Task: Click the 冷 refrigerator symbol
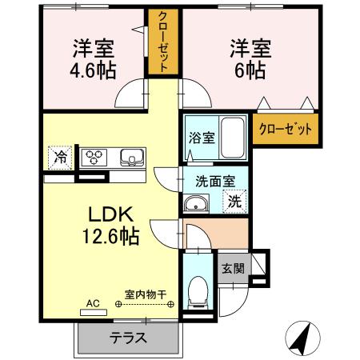pyautogui.click(x=60, y=156)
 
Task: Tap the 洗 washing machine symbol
pyautogui.click(x=235, y=202)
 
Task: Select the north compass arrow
pyautogui.click(x=301, y=338)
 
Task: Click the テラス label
pyautogui.click(x=129, y=338)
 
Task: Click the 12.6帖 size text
pyautogui.click(x=111, y=236)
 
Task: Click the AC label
pyautogui.click(x=92, y=304)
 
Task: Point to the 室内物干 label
pyautogui.click(x=145, y=294)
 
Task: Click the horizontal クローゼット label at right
pyautogui.click(x=285, y=128)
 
